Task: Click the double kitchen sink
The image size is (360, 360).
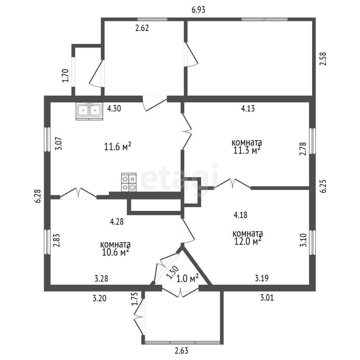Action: pos(89,111)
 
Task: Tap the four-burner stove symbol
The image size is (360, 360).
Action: pos(129,182)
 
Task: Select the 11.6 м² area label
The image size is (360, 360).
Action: pos(117,146)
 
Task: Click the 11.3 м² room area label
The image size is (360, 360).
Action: pos(247,150)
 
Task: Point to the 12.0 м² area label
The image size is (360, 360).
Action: pos(248,241)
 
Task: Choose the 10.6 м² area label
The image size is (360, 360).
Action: pos(115,252)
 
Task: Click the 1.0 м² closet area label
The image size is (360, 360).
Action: pos(187,279)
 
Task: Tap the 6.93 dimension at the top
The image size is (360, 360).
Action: pos(198,10)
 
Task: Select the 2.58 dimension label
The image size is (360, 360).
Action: pos(323,59)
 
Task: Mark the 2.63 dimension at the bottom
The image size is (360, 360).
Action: pos(181,351)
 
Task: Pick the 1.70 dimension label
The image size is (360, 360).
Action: pos(65,76)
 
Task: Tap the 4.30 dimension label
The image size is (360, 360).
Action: pos(114,108)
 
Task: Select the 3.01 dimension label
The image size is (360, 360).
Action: pos(267,298)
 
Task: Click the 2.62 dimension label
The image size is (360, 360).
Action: pos(142,28)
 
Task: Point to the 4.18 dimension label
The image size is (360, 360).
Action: pos(240,215)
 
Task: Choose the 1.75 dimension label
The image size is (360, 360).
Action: pos(134,299)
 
